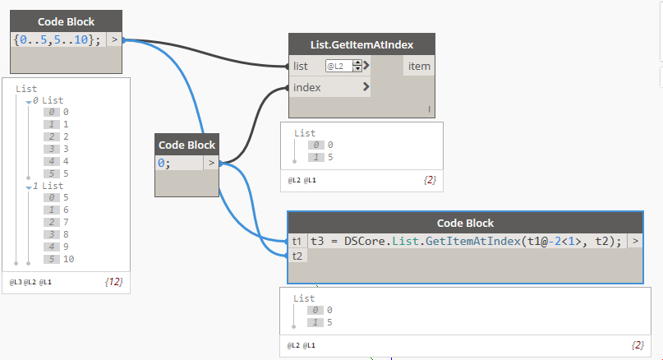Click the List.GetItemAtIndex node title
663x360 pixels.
click(x=361, y=44)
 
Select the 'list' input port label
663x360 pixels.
click(x=301, y=66)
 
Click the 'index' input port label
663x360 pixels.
click(x=306, y=87)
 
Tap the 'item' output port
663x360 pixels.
click(x=418, y=66)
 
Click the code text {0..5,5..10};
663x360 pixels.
click(x=58, y=39)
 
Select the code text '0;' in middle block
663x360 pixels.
click(x=164, y=163)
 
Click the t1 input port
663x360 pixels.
click(x=297, y=242)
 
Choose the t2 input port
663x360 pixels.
click(x=297, y=256)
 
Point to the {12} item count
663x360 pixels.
click(x=113, y=282)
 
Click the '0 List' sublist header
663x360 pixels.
click(x=47, y=100)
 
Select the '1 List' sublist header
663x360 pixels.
click(x=47, y=186)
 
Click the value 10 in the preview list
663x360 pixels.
click(x=68, y=259)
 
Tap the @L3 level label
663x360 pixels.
click(x=16, y=282)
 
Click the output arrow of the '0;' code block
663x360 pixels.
click(x=211, y=163)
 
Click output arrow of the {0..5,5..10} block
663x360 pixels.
click(x=114, y=39)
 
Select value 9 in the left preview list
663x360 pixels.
click(x=66, y=247)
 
